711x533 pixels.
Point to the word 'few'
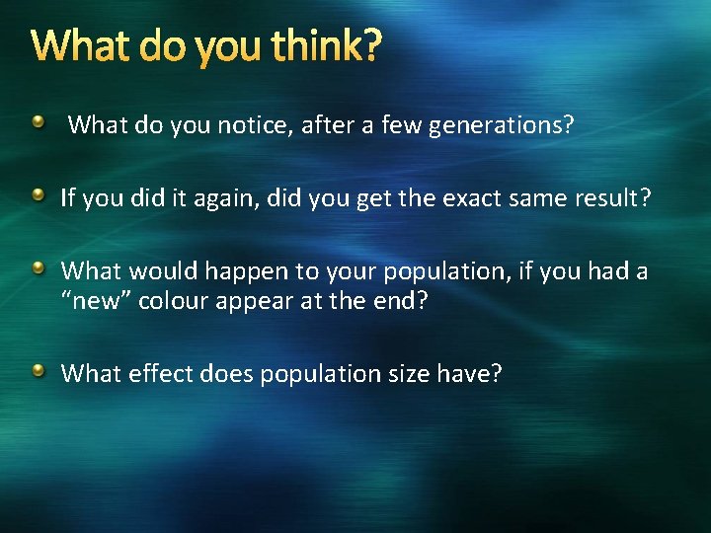click(x=399, y=125)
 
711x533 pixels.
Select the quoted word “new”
click(x=97, y=301)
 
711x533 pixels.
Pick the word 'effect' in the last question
click(x=157, y=374)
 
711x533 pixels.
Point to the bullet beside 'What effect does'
click(x=38, y=371)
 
